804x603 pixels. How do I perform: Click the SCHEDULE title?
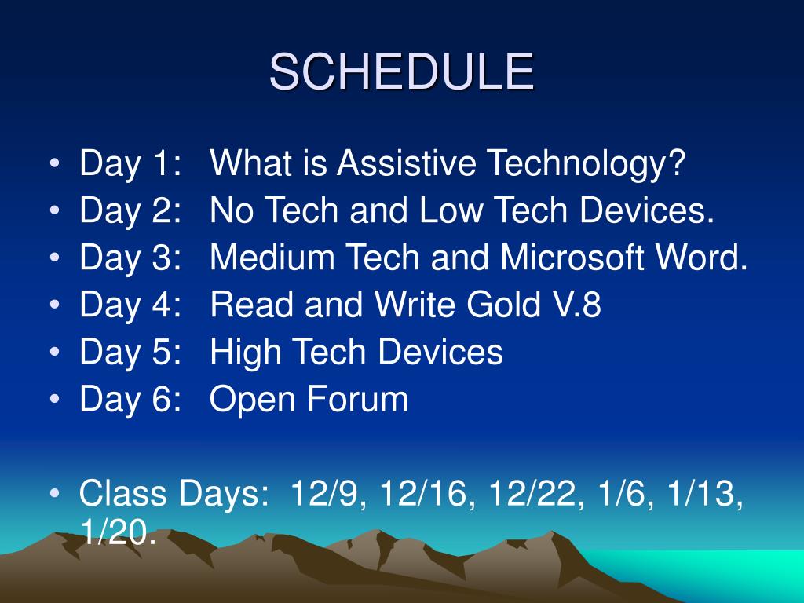[401, 72]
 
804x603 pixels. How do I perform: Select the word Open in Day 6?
[251, 399]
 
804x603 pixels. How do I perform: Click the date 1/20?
[118, 534]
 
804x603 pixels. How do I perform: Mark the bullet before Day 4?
[54, 306]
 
